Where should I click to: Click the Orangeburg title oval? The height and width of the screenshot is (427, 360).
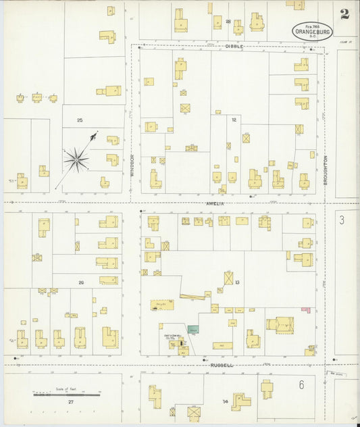click(312, 31)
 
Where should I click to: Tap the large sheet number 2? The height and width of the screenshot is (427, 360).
click(345, 14)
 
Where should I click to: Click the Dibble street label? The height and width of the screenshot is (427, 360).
click(234, 46)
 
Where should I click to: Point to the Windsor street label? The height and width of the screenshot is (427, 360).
click(132, 165)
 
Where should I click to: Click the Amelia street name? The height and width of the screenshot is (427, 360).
click(215, 203)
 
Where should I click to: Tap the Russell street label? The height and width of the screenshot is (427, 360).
click(222, 365)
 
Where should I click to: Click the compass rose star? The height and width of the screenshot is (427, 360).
click(76, 159)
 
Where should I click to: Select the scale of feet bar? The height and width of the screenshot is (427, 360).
click(66, 395)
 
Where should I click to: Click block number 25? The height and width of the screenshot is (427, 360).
click(80, 120)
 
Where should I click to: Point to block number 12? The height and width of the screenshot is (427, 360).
click(234, 120)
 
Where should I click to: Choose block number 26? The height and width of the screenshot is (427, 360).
click(81, 282)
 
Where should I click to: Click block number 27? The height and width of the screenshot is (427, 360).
click(70, 401)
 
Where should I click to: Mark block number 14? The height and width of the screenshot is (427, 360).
click(225, 401)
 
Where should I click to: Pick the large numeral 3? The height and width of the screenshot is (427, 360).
click(342, 220)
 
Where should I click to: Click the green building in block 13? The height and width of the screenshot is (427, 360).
click(194, 329)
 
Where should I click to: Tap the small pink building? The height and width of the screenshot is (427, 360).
click(305, 310)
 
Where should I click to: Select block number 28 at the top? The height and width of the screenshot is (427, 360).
click(228, 22)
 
